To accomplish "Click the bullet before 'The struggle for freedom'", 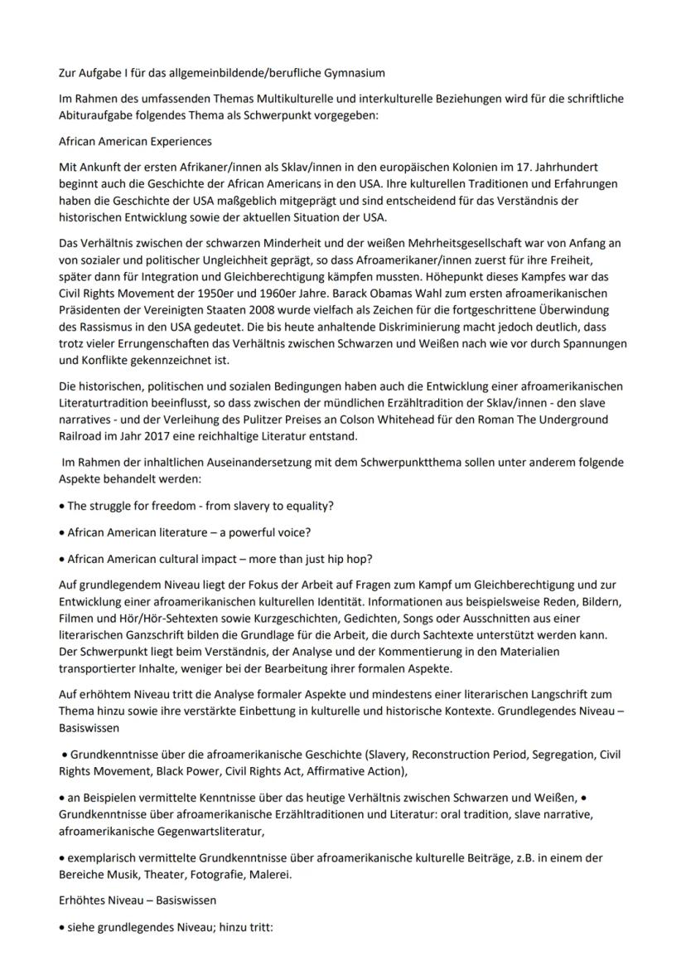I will click(x=62, y=506).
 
